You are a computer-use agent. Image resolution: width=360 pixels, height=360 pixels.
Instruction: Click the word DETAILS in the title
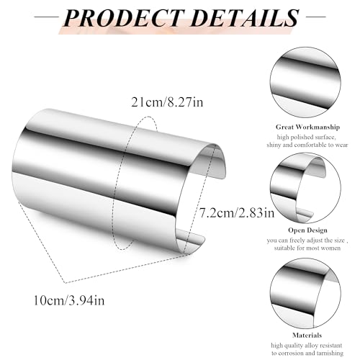coord(245,17)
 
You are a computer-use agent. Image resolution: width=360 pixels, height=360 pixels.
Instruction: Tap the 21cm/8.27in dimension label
coord(167,102)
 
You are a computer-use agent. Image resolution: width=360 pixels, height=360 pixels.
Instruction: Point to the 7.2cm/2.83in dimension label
coord(237,212)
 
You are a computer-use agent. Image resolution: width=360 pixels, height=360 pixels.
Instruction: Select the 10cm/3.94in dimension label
coord(69,300)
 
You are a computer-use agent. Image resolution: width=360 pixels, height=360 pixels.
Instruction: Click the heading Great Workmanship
coord(307,127)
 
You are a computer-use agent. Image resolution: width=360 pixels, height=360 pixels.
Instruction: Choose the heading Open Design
coord(307,230)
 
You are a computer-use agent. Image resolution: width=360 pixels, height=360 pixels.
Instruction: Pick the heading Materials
coord(307,335)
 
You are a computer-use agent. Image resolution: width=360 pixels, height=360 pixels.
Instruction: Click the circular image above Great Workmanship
coord(305,82)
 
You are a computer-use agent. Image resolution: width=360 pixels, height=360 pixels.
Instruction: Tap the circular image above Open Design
coord(305,188)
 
